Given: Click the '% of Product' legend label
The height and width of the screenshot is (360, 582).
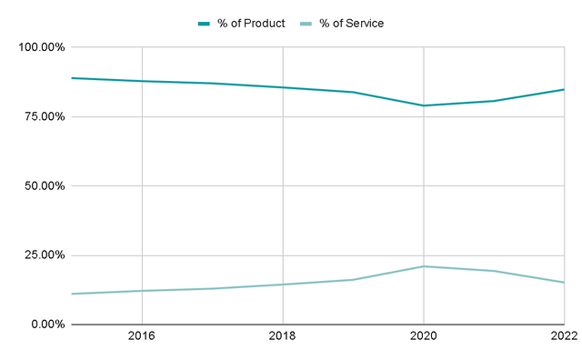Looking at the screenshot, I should tap(250, 23).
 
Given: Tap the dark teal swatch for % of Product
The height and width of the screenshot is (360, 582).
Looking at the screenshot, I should tap(205, 23).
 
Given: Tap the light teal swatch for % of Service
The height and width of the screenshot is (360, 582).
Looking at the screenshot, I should tap(306, 23).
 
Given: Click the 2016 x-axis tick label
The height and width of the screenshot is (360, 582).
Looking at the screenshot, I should tap(141, 337).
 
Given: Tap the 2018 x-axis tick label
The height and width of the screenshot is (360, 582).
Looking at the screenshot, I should tap(282, 337).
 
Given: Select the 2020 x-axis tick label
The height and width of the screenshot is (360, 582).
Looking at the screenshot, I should tap(423, 337).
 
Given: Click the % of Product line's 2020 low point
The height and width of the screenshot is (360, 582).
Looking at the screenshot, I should tap(423, 105).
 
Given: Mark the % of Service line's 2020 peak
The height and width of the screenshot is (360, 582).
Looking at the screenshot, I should tap(423, 266).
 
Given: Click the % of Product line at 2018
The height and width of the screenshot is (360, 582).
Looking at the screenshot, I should tap(282, 87).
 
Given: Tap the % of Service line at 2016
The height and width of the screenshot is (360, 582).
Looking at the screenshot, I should tap(141, 291).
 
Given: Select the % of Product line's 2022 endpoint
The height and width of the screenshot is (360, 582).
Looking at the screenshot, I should tap(563, 89).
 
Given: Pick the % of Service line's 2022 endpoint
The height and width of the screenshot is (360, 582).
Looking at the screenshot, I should tap(563, 282).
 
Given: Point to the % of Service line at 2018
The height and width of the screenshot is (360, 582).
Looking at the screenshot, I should tap(282, 285).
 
